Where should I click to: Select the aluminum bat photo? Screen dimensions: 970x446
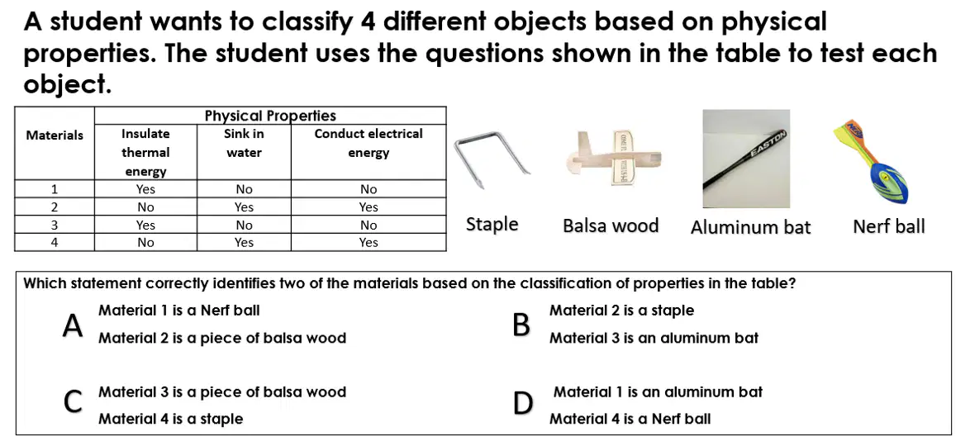pyautogui.click(x=746, y=159)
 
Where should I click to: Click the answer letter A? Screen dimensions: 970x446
pyautogui.click(x=73, y=326)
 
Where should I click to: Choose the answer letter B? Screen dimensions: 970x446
pyautogui.click(x=521, y=326)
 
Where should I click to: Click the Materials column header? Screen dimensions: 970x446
pyautogui.click(x=55, y=135)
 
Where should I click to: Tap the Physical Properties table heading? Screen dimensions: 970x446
pyautogui.click(x=270, y=116)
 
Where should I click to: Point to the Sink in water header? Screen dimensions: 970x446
pyautogui.click(x=244, y=143)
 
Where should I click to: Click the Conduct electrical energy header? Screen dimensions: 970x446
pyautogui.click(x=368, y=143)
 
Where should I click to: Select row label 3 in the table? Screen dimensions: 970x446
pyautogui.click(x=55, y=225)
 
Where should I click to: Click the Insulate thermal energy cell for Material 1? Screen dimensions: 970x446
pyautogui.click(x=145, y=188)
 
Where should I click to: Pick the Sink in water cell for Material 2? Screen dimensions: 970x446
pyautogui.click(x=244, y=206)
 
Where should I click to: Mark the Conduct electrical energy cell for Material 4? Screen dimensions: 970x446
pyautogui.click(x=368, y=243)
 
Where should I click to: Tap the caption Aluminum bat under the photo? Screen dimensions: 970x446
pyautogui.click(x=750, y=228)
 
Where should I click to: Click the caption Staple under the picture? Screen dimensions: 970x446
pyautogui.click(x=492, y=225)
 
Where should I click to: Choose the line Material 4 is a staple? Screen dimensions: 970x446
pyautogui.click(x=171, y=419)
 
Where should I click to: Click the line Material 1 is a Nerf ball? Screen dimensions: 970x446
pyautogui.click(x=179, y=310)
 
